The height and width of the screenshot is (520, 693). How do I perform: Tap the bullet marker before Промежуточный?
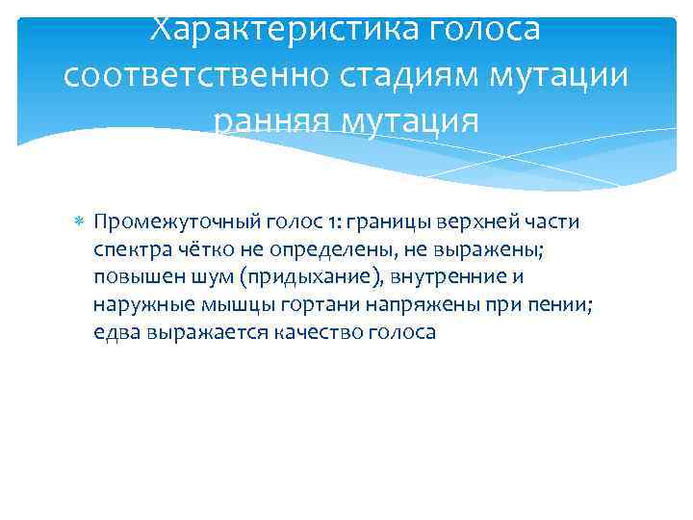click(x=79, y=222)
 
